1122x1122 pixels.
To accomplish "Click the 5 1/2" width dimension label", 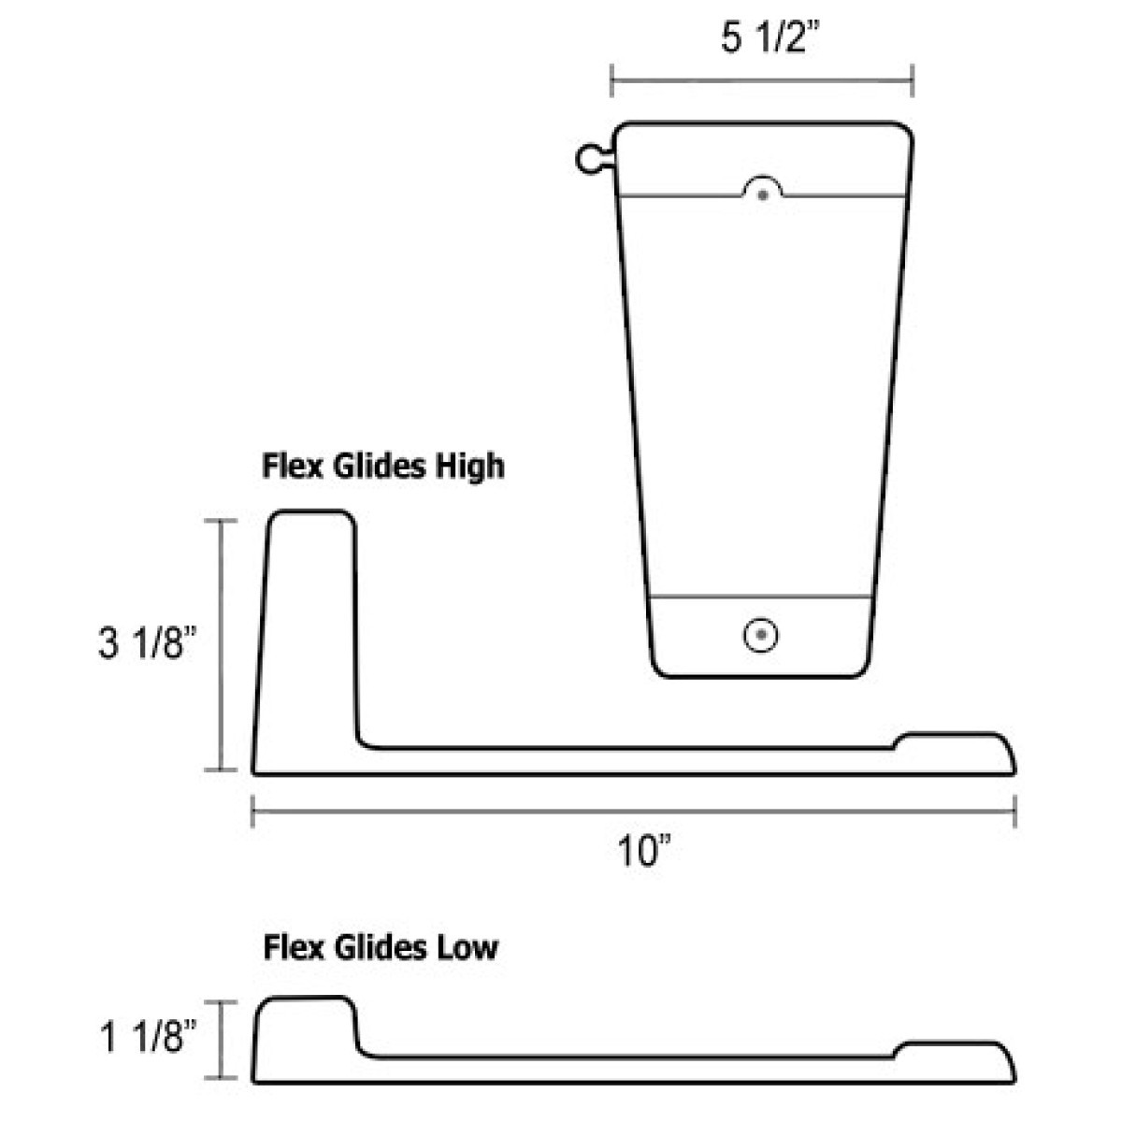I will tap(763, 39).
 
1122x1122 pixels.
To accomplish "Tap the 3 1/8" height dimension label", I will tap(146, 644).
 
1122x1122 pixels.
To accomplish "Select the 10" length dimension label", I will tap(645, 852).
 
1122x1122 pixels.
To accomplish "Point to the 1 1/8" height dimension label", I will tap(146, 1039).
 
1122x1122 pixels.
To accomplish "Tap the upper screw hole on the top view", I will tap(764, 194).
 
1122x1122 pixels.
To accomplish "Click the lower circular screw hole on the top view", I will tap(762, 635).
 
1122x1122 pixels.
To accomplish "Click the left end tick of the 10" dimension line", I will tap(253, 811).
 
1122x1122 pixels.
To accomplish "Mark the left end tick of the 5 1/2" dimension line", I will tap(611, 80).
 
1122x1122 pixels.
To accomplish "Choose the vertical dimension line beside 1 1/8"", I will tap(222, 1040).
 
